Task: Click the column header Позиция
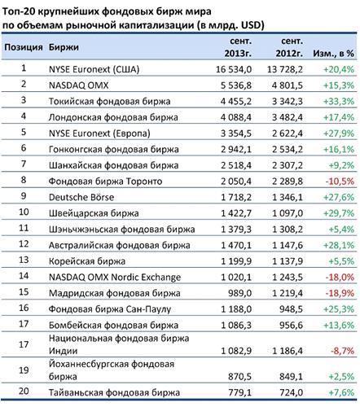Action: tap(24, 47)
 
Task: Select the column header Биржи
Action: tap(64, 47)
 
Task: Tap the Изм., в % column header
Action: tap(334, 54)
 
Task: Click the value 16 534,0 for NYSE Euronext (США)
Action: tap(234, 69)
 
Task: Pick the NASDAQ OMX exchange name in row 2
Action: tap(79, 85)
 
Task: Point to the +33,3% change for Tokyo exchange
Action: tap(339, 101)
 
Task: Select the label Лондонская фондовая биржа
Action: tap(113, 117)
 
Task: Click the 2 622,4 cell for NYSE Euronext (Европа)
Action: tap(288, 133)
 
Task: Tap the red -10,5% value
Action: tap(340, 181)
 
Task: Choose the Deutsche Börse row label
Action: tap(81, 197)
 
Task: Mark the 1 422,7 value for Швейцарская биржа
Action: tap(236, 213)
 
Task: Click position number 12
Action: tap(24, 243)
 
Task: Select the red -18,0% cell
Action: tap(340, 277)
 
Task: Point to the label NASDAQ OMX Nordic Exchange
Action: tap(115, 277)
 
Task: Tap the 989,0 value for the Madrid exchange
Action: tap(240, 293)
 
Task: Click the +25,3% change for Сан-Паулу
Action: tap(339, 309)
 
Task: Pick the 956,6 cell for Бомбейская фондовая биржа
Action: tap(291, 325)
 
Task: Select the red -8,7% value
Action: tap(343, 351)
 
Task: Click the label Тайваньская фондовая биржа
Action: tap(114, 392)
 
